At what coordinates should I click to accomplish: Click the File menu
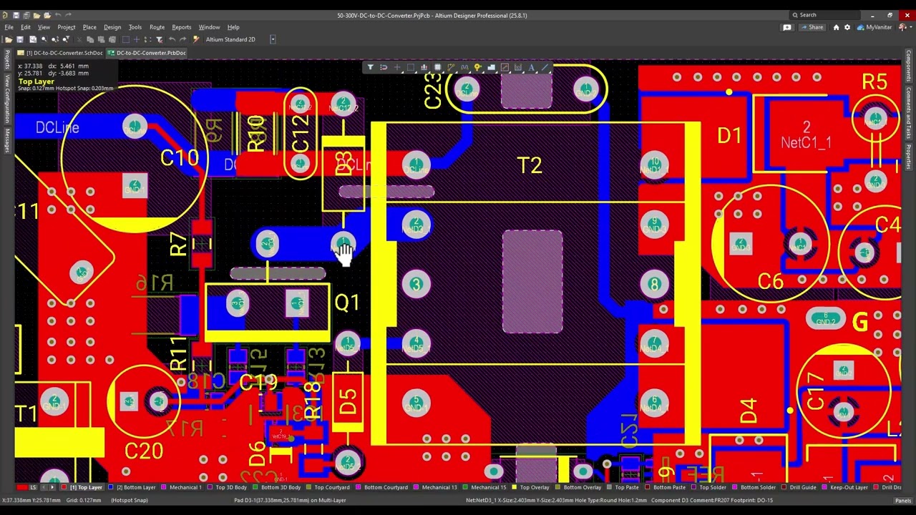pyautogui.click(x=9, y=27)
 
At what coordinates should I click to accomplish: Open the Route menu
pyautogui.click(x=157, y=27)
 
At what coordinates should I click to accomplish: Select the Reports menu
pyautogui.click(x=181, y=27)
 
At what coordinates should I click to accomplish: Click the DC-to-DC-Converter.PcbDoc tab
pyautogui.click(x=150, y=53)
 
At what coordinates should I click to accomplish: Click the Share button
pyautogui.click(x=812, y=27)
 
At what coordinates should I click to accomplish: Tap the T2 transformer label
pyautogui.click(x=530, y=166)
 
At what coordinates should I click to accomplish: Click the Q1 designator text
pyautogui.click(x=347, y=303)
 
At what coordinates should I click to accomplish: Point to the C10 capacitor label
pyautogui.click(x=179, y=158)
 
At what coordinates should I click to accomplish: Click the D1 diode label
pyautogui.click(x=729, y=136)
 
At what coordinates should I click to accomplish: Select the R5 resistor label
pyautogui.click(x=874, y=82)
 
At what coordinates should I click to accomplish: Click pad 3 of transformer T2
pyautogui.click(x=416, y=285)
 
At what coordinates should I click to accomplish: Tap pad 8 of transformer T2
pyautogui.click(x=654, y=285)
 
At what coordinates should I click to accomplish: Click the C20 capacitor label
pyautogui.click(x=143, y=451)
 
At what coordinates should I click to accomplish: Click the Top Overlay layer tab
pyautogui.click(x=534, y=488)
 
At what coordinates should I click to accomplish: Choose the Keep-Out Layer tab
pyautogui.click(x=849, y=488)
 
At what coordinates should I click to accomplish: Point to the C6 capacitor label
pyautogui.click(x=770, y=282)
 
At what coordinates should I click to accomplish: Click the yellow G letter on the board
pyautogui.click(x=859, y=323)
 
